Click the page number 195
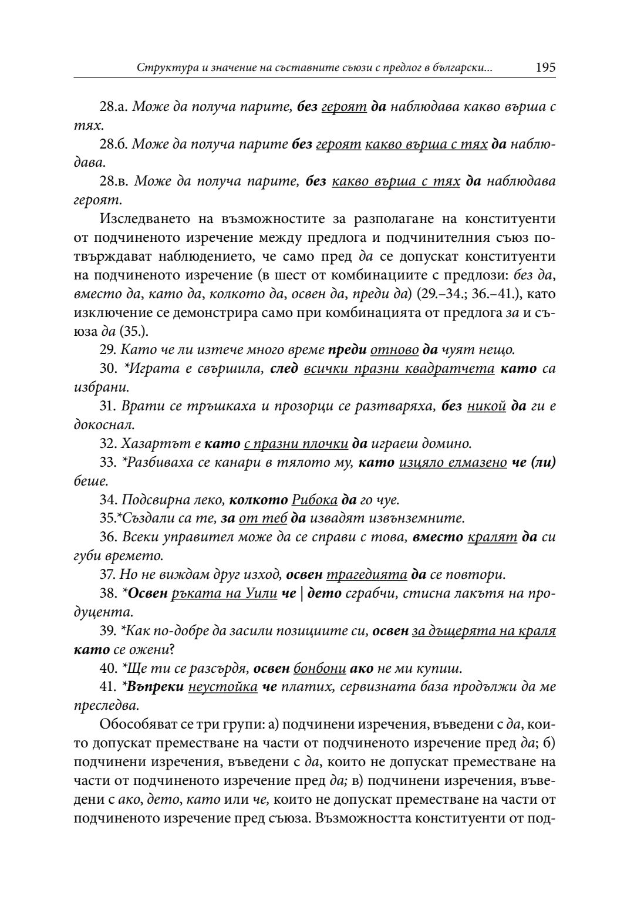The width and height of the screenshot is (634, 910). [x=545, y=67]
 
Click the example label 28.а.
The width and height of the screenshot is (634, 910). [x=114, y=107]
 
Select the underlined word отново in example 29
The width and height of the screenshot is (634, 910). [x=394, y=350]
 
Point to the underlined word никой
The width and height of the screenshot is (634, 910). [x=486, y=406]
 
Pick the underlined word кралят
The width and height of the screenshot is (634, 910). [x=492, y=537]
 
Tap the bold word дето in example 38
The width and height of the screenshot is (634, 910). [x=324, y=592]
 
